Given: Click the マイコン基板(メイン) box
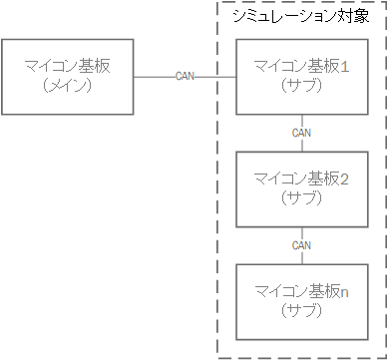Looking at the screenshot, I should click(x=68, y=76).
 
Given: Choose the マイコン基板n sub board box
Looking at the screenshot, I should click(x=303, y=300).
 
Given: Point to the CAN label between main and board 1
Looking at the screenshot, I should click(x=186, y=77).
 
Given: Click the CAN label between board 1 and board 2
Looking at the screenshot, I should click(x=303, y=132).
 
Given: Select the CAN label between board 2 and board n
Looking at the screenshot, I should click(x=303, y=244).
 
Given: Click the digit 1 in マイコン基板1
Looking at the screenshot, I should click(x=344, y=67).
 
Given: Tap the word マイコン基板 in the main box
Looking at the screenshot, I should click(x=68, y=67).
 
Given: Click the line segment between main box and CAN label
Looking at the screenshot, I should click(x=154, y=77).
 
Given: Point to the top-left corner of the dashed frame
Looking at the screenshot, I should click(x=217, y=3).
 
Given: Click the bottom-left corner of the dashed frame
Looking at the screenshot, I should click(x=217, y=353).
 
